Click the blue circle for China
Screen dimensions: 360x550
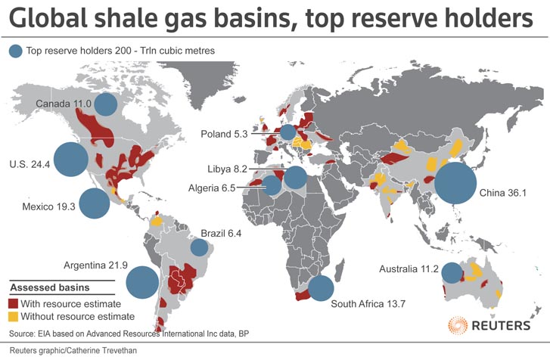pyautogui.click(x=455, y=185)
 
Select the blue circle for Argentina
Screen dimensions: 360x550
pyautogui.click(x=142, y=284)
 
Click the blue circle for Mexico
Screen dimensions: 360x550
pyautogui.click(x=95, y=204)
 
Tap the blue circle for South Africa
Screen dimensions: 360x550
pyautogui.click(x=321, y=288)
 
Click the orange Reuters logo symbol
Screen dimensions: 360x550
pyautogui.click(x=458, y=326)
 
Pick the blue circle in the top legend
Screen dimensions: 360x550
pyautogui.click(x=16, y=51)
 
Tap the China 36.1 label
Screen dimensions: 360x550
pyautogui.click(x=502, y=194)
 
